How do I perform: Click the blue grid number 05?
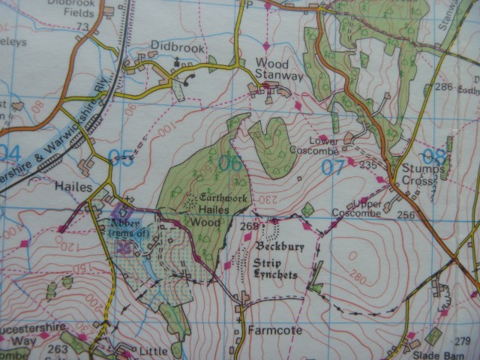tap(121, 158)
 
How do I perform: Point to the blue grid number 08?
tap(433, 157)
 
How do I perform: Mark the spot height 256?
tap(405, 216)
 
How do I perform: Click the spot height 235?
tap(367, 165)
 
